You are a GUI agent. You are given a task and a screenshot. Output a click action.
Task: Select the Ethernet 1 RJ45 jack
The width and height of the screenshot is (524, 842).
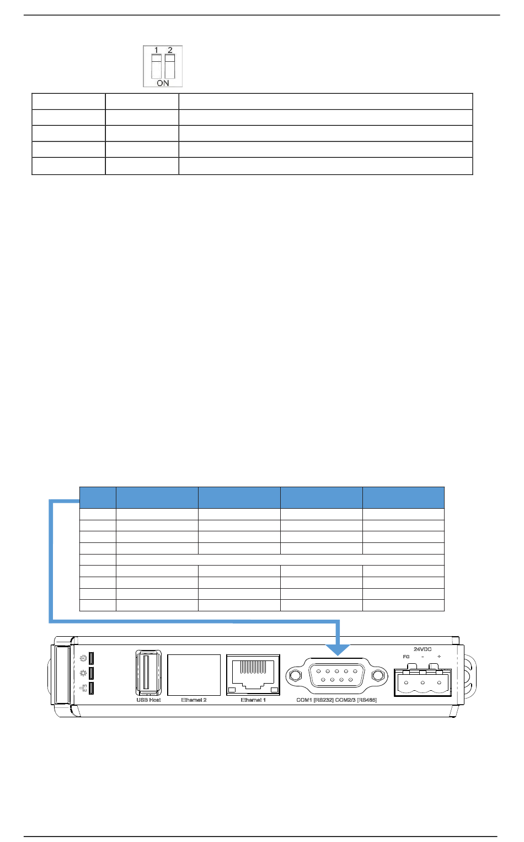tap(253, 674)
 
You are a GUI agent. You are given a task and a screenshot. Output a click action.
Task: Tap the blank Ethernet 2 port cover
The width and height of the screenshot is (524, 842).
tap(194, 674)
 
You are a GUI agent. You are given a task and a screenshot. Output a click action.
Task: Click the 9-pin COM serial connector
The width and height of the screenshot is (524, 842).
tap(336, 675)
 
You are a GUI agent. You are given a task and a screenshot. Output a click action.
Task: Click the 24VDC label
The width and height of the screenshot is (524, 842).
tap(423, 649)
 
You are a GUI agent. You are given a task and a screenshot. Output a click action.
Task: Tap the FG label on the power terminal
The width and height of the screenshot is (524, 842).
tap(407, 657)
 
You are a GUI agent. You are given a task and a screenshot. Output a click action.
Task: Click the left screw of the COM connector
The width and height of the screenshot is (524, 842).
tap(295, 675)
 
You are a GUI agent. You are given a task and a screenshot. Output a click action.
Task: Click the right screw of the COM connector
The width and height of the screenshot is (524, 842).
tap(378, 675)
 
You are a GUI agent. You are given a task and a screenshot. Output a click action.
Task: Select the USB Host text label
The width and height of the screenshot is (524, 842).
tap(148, 700)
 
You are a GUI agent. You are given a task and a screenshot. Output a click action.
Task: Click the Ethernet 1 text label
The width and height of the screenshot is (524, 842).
tap(253, 700)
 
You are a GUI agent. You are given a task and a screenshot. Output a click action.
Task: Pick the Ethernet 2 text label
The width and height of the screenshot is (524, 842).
tap(194, 700)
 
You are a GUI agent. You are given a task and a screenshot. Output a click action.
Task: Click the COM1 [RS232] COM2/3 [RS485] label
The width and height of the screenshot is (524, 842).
tap(336, 700)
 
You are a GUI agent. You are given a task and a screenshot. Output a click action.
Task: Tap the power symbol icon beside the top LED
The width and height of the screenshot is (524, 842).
tap(83, 658)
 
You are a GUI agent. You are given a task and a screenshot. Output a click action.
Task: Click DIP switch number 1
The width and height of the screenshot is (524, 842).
tap(156, 66)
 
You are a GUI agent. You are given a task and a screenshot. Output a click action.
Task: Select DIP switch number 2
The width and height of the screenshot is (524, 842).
tap(170, 66)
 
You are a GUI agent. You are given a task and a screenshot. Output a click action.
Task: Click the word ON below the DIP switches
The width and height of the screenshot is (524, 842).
tap(163, 83)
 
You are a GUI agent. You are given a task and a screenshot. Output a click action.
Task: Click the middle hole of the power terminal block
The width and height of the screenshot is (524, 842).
tap(423, 683)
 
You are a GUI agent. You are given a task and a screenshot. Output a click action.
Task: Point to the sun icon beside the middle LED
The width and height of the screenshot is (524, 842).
tap(83, 673)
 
